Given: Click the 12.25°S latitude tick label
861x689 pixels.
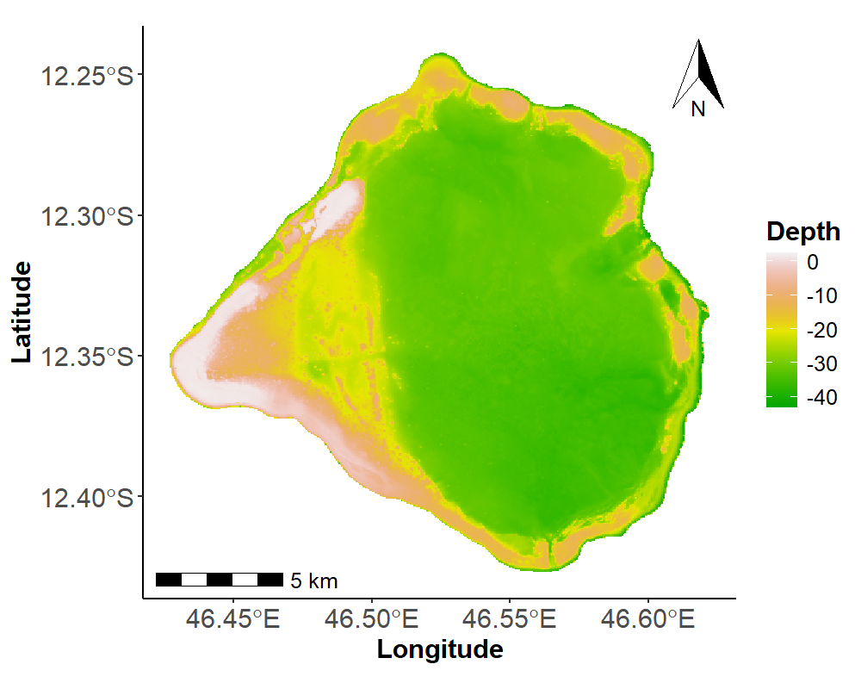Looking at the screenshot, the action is pyautogui.click(x=87, y=75).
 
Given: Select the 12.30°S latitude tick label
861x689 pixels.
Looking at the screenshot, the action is pyautogui.click(x=87, y=216).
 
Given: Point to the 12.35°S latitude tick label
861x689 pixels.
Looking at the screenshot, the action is pyautogui.click(x=87, y=357).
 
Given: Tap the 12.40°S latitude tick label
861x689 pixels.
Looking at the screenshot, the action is pyautogui.click(x=87, y=498).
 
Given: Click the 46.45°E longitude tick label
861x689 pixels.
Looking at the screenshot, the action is pyautogui.click(x=232, y=619).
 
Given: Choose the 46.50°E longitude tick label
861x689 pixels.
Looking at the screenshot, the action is pyautogui.click(x=371, y=619).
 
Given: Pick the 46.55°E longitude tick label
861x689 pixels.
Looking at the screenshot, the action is pyautogui.click(x=509, y=619).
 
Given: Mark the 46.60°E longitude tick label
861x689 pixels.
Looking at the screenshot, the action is pyautogui.click(x=648, y=619).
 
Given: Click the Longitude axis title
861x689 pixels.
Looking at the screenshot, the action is pyautogui.click(x=440, y=649).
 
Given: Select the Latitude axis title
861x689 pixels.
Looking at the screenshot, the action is pyautogui.click(x=22, y=312).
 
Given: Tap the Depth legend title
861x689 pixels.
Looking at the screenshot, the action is pyautogui.click(x=803, y=233).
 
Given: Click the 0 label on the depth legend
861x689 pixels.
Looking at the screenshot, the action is pyautogui.click(x=813, y=262).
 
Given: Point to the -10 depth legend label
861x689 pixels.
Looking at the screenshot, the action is pyautogui.click(x=822, y=296).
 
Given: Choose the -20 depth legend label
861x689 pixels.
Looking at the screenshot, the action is pyautogui.click(x=822, y=330).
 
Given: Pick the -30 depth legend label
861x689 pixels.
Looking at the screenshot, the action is pyautogui.click(x=822, y=363).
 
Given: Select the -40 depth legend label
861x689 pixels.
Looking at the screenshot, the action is pyautogui.click(x=822, y=397).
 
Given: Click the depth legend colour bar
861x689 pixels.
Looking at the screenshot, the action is pyautogui.click(x=782, y=330).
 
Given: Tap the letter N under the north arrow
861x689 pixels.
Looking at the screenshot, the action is pyautogui.click(x=698, y=109).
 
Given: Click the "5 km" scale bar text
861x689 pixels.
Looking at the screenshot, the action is pyautogui.click(x=314, y=580).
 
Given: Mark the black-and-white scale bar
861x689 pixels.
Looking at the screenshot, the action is pyautogui.click(x=220, y=580).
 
